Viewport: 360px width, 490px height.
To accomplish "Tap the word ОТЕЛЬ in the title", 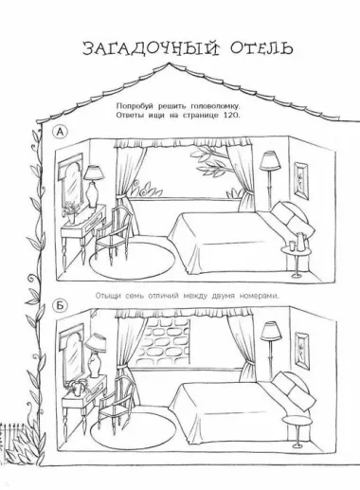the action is click(x=261, y=48).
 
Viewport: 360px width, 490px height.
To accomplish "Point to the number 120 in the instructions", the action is click(x=232, y=116).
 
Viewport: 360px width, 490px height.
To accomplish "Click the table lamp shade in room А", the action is click(x=94, y=172).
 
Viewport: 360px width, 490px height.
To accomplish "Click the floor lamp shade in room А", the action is click(x=269, y=161).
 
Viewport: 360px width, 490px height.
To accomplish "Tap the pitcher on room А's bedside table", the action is click(x=300, y=241).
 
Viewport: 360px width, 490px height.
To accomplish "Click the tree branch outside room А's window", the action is click(x=209, y=162).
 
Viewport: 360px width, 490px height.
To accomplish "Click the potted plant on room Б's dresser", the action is click(x=77, y=388).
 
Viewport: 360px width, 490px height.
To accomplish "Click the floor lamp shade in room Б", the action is click(x=271, y=331).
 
